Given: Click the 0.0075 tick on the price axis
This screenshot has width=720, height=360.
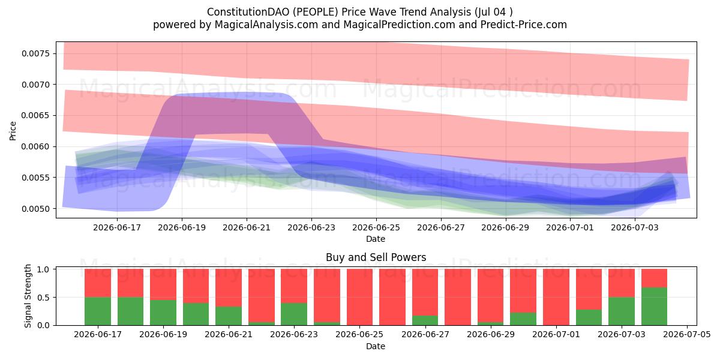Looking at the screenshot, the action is click(x=35, y=53).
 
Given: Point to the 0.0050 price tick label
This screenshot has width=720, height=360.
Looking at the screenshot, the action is click(x=35, y=209).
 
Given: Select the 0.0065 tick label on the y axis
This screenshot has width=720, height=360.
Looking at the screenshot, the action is click(x=35, y=115).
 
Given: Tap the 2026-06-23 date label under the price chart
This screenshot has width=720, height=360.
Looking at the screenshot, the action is click(x=311, y=227).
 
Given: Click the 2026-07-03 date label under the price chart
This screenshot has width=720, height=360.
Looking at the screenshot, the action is click(x=635, y=227).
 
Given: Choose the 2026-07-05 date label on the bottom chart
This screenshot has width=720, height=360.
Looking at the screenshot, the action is click(x=687, y=334).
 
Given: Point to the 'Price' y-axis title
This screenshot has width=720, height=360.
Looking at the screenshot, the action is click(x=13, y=131).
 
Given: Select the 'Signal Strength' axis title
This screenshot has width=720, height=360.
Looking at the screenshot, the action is click(x=28, y=296).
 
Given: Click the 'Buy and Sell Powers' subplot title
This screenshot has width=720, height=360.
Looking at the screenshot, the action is click(x=376, y=257).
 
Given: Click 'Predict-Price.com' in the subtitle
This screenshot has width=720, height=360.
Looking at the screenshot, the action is click(x=524, y=25).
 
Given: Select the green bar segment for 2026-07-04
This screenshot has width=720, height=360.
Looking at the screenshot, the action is click(x=654, y=307).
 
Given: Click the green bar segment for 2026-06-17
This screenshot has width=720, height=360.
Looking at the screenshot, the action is click(x=98, y=311).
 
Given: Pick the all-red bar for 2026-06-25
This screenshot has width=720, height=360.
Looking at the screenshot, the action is click(x=359, y=298).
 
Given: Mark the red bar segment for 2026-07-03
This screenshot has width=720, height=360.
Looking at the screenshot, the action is click(x=622, y=283).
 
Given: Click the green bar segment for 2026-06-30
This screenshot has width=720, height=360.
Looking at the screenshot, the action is click(x=523, y=319).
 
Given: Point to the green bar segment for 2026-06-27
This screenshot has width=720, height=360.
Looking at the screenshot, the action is click(x=425, y=320).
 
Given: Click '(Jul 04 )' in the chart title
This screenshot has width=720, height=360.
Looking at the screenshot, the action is click(x=493, y=12).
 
